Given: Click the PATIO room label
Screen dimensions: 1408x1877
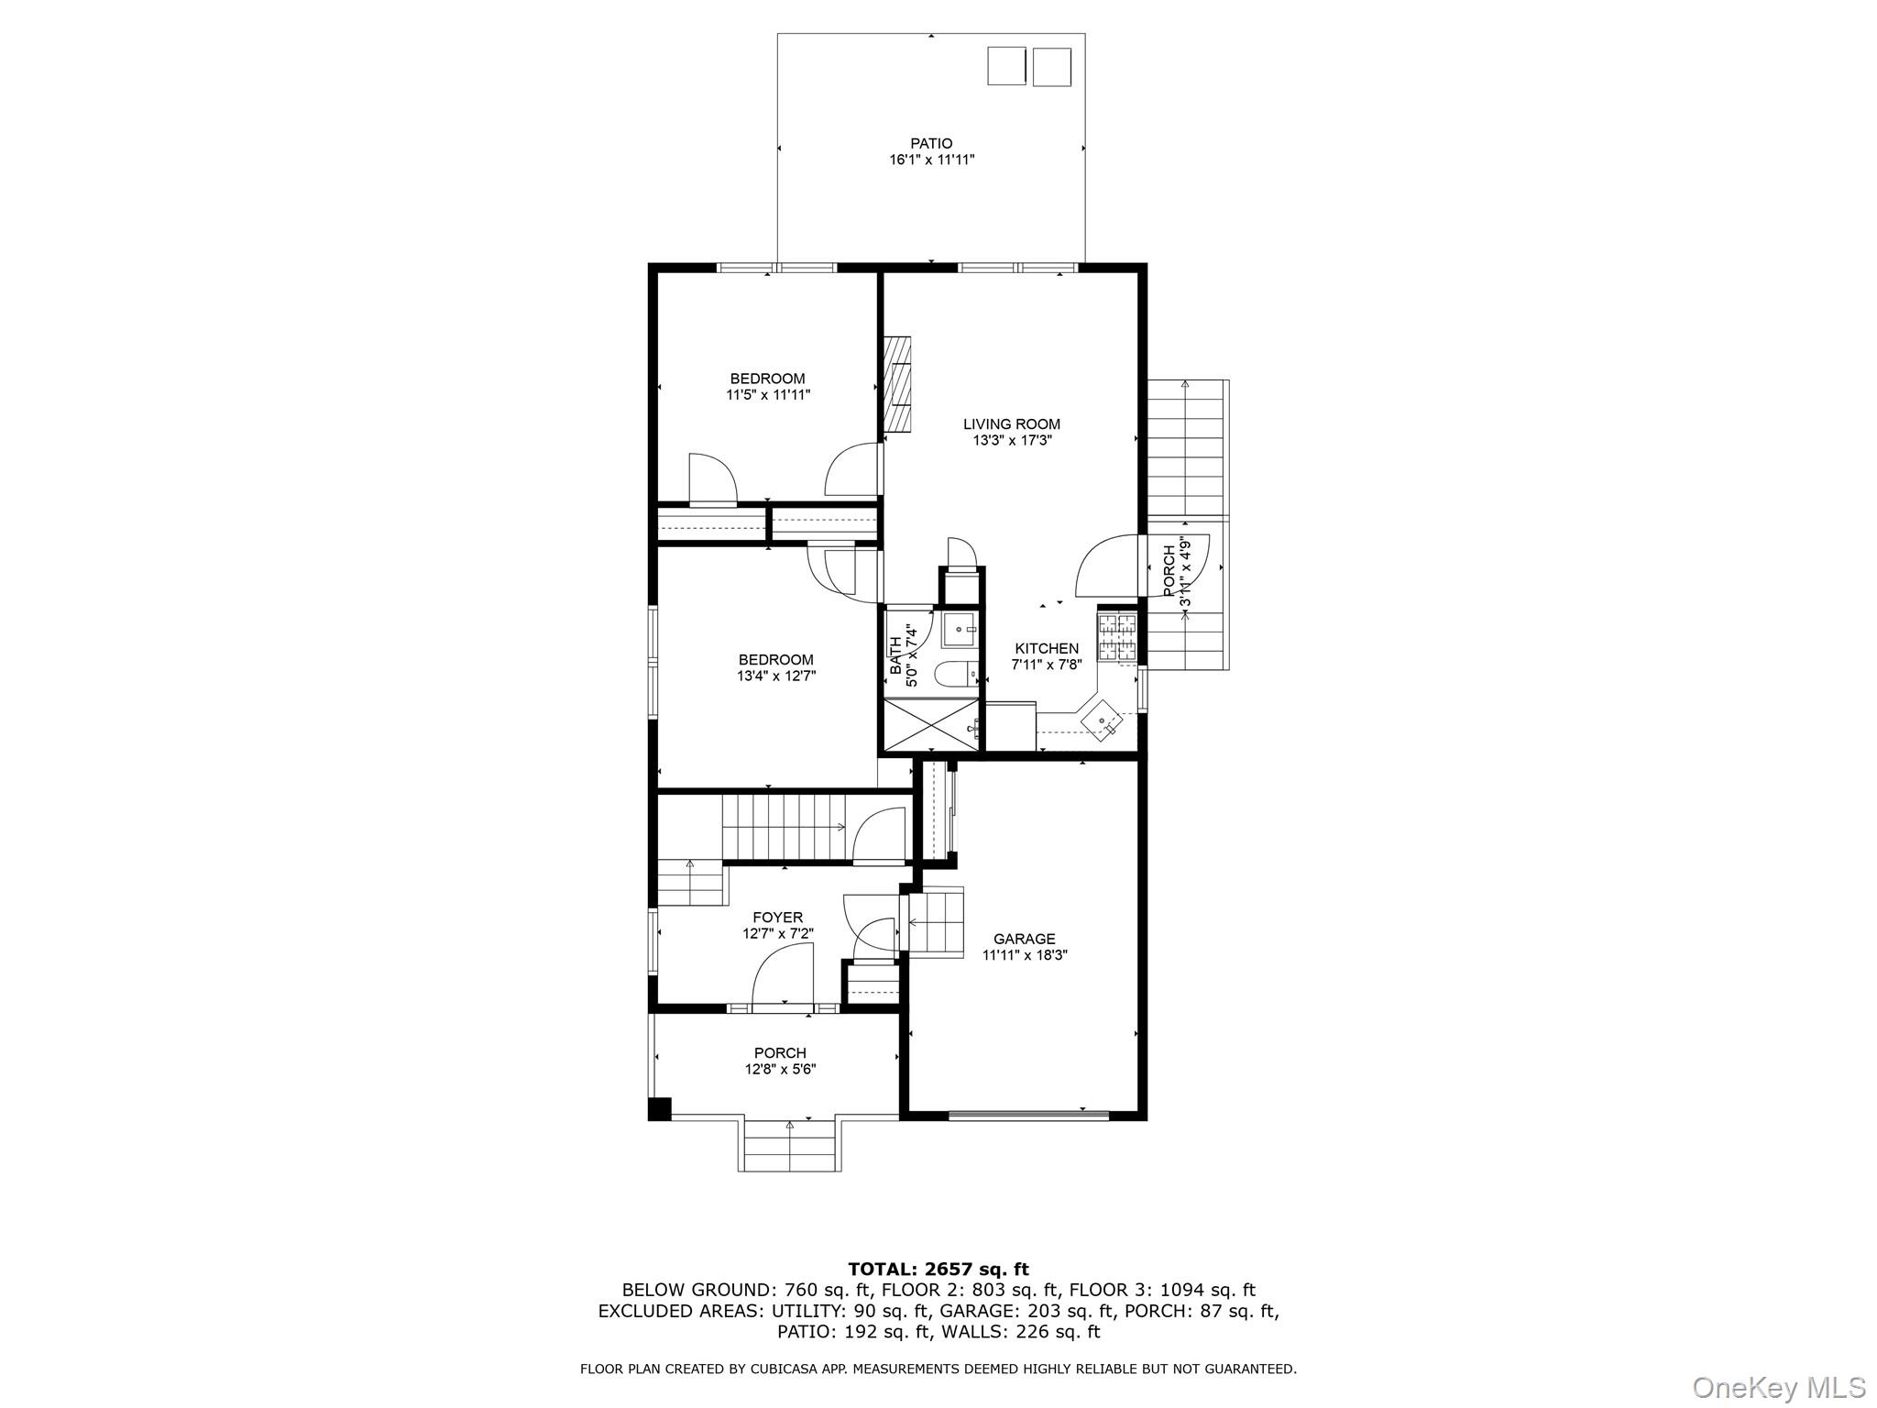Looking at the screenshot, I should point(930,143).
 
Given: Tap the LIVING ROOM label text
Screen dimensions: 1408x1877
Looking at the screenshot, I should point(1011,423).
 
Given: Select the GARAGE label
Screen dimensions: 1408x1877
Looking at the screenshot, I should point(1024,939).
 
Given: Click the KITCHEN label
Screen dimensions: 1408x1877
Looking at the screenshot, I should point(1046,648).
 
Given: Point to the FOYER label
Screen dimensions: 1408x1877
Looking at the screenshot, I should point(777,918).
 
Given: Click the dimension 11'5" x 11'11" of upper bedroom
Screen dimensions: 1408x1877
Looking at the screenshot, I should point(768,395).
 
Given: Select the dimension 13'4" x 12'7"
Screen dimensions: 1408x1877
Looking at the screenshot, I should point(775,676).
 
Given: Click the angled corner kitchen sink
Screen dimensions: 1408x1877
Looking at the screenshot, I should point(1101,721).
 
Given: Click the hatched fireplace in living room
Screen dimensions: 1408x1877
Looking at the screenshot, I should point(897,384).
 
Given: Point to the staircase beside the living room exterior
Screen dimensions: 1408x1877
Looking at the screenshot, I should point(1187,449).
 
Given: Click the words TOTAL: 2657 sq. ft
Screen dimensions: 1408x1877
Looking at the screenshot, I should point(938,1270).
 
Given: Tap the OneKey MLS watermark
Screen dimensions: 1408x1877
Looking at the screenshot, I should point(1778,1387).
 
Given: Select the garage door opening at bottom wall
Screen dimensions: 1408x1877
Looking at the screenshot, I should point(1027,1115).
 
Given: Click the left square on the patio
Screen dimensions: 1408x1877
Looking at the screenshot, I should point(1005,67).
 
